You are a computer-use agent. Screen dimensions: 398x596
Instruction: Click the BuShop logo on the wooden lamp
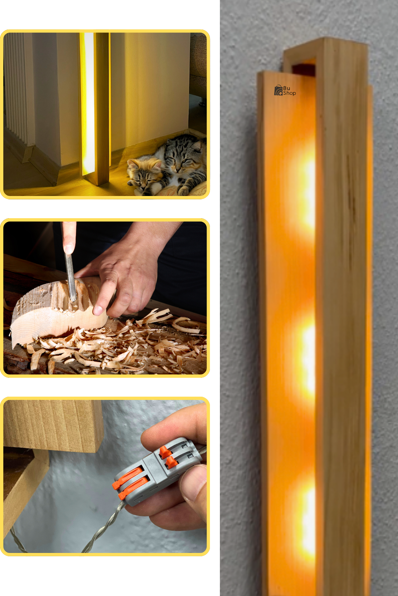pyautogui.click(x=285, y=90)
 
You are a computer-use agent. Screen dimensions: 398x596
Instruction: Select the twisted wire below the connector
pyautogui.click(x=103, y=526)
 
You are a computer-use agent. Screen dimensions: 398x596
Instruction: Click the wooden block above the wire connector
pyautogui.click(x=53, y=425)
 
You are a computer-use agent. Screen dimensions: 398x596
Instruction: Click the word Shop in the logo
pyautogui.click(x=289, y=93)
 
